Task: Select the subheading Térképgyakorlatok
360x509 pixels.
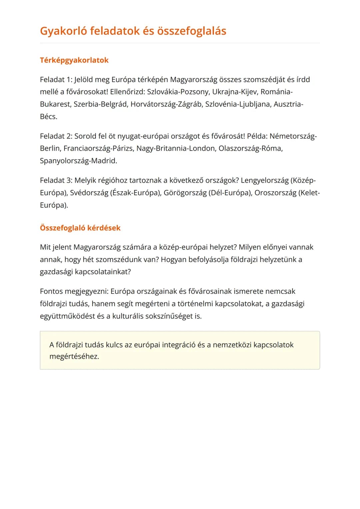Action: click(74, 60)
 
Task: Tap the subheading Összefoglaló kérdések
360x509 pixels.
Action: click(80, 228)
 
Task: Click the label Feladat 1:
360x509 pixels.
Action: click(56, 80)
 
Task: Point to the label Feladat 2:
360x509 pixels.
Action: click(56, 136)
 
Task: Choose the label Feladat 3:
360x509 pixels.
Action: click(56, 180)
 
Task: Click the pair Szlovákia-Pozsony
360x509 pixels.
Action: click(178, 92)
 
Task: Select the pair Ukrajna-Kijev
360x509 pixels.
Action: click(235, 92)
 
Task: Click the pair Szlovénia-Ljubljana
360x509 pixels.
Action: click(238, 104)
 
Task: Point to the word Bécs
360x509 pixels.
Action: click(48, 117)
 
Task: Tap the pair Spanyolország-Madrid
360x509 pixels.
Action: click(78, 161)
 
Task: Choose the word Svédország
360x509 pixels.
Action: click(89, 193)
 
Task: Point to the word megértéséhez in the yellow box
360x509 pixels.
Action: click(74, 356)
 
